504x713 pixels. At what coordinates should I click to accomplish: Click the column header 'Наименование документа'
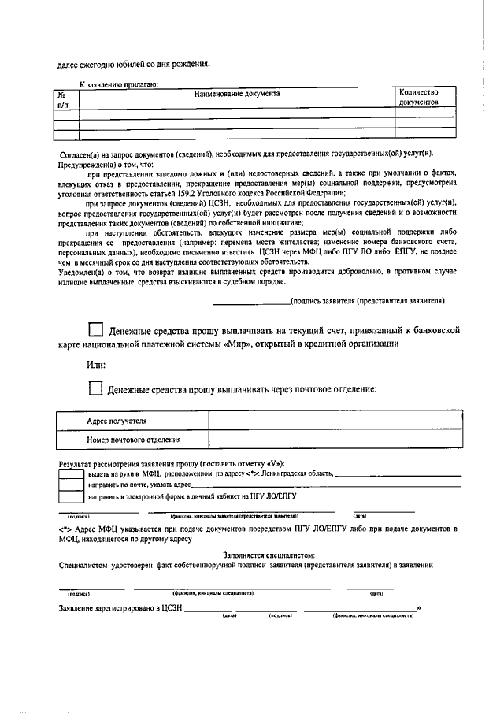237,93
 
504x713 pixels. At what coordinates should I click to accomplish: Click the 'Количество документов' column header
424,97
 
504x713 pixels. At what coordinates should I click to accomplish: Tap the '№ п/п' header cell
65,98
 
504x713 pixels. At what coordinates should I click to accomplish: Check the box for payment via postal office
95,388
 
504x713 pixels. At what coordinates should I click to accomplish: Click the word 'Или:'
95,365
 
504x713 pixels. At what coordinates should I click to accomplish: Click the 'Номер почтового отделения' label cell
134,440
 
